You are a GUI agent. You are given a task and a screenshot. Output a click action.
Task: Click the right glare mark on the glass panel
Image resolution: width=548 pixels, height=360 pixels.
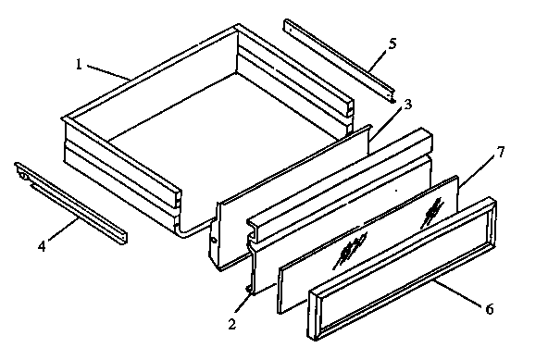click(x=430, y=213)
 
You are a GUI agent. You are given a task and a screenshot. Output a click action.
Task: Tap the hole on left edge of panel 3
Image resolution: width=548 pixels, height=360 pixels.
click(x=215, y=238)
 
